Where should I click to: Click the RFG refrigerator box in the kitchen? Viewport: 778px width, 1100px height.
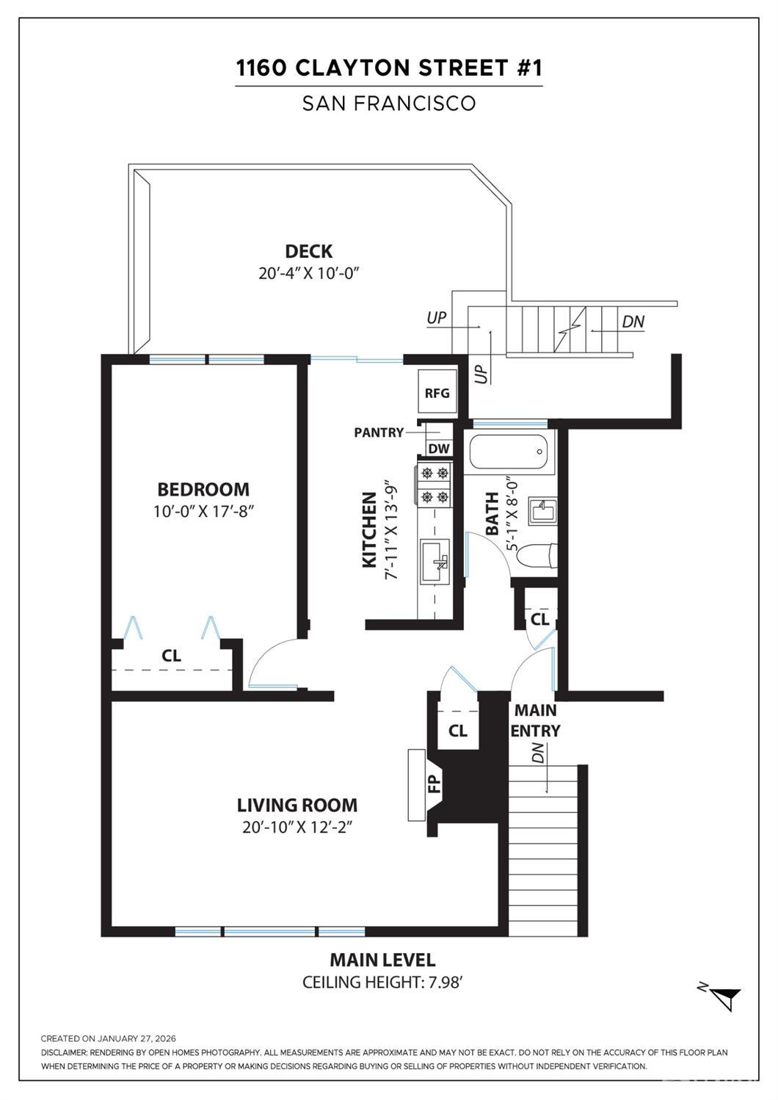click(x=437, y=391)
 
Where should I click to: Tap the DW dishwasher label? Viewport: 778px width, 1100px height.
click(x=439, y=449)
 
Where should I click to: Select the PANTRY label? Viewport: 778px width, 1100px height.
click(x=379, y=432)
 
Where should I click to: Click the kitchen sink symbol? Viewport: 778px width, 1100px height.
click(x=435, y=561)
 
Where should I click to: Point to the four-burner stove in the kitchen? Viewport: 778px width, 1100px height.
click(x=435, y=485)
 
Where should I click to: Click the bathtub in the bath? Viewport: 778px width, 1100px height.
click(x=508, y=452)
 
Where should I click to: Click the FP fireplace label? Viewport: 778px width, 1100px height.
click(x=435, y=784)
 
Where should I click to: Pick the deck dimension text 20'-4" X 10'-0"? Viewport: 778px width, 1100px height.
click(x=309, y=273)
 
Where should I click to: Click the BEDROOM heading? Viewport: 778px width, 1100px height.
click(x=203, y=489)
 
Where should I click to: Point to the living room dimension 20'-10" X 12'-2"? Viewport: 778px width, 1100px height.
click(x=297, y=828)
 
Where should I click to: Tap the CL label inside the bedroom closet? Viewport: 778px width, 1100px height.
click(x=171, y=655)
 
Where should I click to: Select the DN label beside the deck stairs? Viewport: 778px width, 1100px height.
click(x=633, y=322)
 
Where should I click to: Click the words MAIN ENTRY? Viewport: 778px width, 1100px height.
click(x=535, y=720)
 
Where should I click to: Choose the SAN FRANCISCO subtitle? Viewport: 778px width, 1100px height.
click(x=389, y=103)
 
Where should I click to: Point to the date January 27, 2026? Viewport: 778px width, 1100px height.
click(x=137, y=1038)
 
